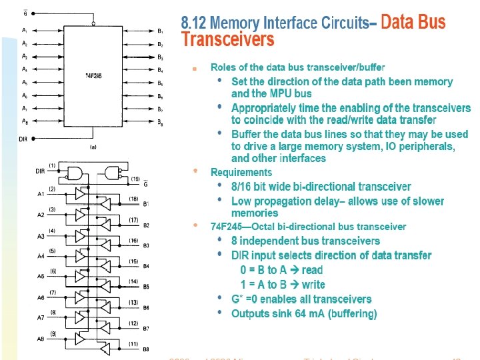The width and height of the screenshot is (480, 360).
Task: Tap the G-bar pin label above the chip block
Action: tap(26, 13)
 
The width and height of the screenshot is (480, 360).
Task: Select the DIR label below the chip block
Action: tap(23, 139)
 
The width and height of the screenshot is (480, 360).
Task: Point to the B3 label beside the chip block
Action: tap(160, 57)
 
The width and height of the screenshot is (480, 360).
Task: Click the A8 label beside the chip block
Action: tap(25, 121)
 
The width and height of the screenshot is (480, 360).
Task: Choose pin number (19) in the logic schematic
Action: tap(135, 179)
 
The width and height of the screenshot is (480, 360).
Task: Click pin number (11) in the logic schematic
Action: tap(133, 344)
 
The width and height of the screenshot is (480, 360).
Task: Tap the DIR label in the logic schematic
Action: tap(41, 171)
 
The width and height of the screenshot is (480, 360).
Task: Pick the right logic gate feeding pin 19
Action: tap(114, 173)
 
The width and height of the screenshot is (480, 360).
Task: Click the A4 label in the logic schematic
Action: tap(41, 256)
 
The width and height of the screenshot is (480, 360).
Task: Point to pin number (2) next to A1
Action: tap(52, 189)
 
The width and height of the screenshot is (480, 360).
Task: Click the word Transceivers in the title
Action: tap(228, 40)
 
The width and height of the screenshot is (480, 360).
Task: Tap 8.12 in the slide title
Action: tap(195, 23)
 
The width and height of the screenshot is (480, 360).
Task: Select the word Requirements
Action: tap(241, 172)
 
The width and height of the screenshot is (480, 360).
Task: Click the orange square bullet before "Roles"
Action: tap(195, 68)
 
